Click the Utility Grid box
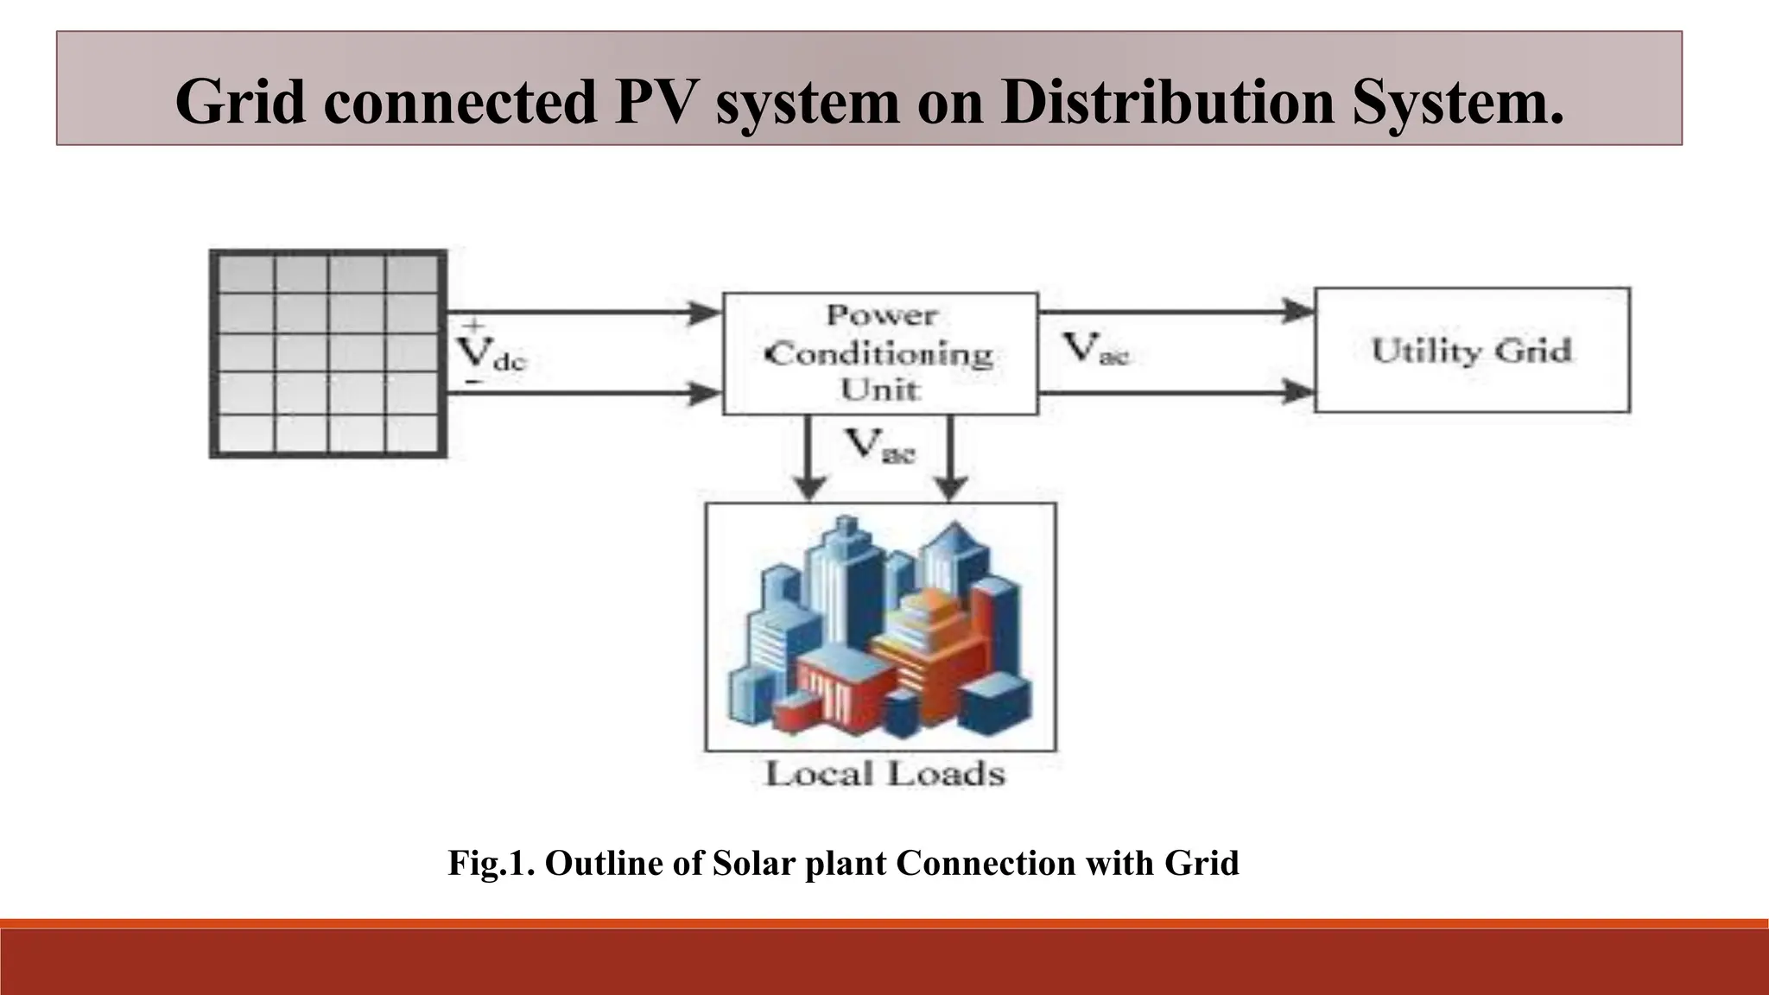[x=1471, y=350]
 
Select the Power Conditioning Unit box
[x=880, y=353]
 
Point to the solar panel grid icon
[x=328, y=353]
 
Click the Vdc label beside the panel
[x=488, y=352]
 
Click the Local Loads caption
[x=884, y=773]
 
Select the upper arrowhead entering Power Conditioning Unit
[x=706, y=313]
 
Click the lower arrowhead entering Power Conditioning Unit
[x=706, y=395]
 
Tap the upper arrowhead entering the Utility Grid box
[x=1299, y=311]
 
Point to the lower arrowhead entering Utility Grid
[x=1299, y=392]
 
